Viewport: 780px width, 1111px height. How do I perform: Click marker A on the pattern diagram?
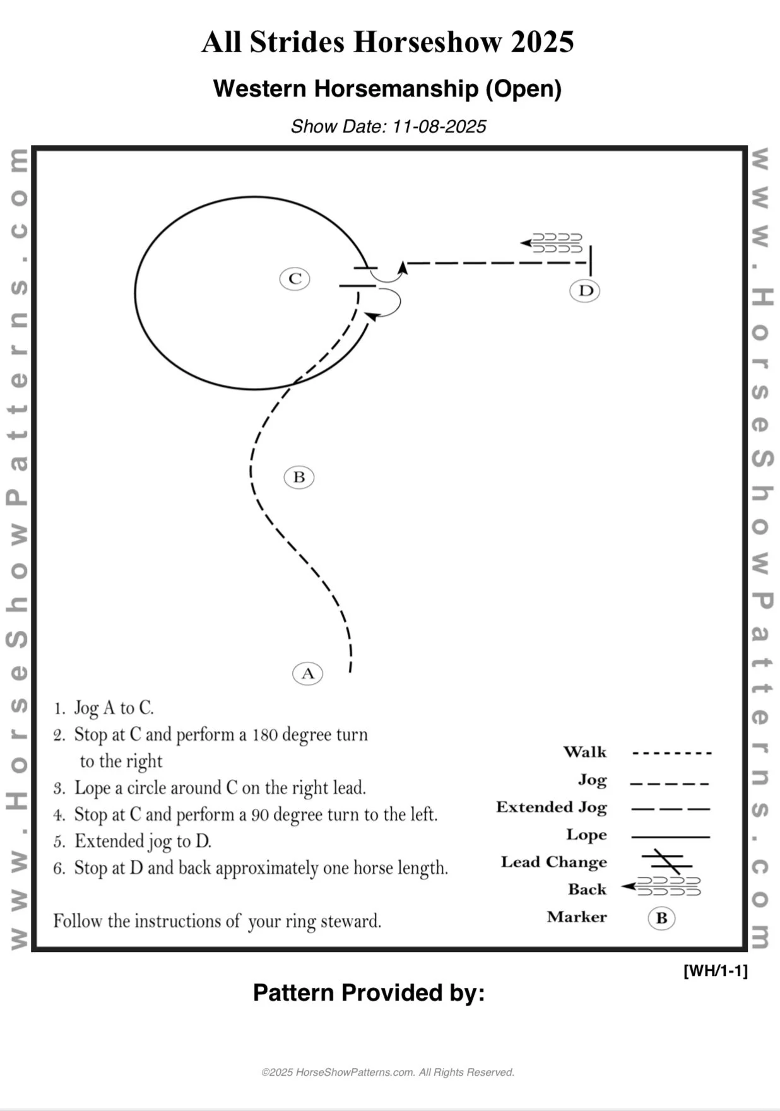coord(307,673)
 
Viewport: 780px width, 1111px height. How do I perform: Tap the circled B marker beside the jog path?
coord(298,477)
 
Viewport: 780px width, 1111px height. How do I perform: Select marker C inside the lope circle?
coord(295,278)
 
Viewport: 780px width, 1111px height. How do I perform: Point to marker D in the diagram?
coord(585,290)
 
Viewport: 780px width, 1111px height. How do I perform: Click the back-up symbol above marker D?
coord(553,243)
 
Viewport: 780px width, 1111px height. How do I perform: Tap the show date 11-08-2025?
coord(439,127)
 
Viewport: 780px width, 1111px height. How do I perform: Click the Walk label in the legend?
coord(584,752)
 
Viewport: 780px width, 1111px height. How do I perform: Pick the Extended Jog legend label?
coord(552,807)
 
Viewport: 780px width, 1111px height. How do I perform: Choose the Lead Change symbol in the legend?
coord(667,861)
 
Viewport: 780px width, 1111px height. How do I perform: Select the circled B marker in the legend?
coord(661,918)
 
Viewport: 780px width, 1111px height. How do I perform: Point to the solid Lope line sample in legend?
coord(670,837)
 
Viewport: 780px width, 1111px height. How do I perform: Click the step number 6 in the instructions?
coord(59,869)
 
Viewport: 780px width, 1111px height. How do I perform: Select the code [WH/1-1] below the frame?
coord(715,970)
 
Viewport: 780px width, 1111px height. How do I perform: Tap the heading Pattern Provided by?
coord(369,992)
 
